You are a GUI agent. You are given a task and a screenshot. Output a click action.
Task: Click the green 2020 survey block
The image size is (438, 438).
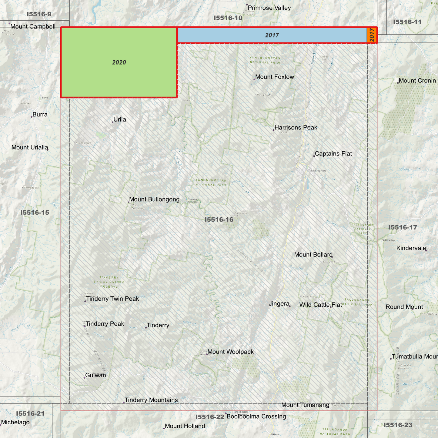[x=119, y=62]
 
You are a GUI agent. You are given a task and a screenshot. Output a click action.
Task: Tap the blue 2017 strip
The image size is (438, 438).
[x=272, y=35]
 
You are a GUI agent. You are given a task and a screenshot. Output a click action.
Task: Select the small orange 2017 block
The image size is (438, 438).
[x=372, y=35]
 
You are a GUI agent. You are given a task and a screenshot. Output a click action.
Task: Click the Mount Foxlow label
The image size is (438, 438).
[x=275, y=77]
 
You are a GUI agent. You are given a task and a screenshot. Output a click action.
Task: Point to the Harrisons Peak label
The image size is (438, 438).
[x=296, y=128]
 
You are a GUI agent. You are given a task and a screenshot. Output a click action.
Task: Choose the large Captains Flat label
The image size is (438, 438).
[x=333, y=154]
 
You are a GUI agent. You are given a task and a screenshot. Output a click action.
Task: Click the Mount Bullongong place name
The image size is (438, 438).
[x=154, y=199]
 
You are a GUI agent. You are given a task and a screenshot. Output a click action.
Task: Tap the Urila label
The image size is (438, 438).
[x=120, y=119]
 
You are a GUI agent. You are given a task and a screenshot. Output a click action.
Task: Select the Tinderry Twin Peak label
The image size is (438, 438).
[x=112, y=299]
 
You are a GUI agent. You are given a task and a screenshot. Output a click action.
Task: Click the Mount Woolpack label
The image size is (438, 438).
[x=231, y=352]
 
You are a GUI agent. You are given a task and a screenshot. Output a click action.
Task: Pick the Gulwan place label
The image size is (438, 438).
[x=96, y=375]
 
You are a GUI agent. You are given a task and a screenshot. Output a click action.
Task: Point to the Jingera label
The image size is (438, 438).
[x=279, y=304]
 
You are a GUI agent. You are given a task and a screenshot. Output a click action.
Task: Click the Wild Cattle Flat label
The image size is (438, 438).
[x=321, y=305]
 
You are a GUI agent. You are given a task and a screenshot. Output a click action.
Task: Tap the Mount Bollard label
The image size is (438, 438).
[x=313, y=255]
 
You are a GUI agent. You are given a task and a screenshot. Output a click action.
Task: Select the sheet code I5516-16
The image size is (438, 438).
[x=219, y=220]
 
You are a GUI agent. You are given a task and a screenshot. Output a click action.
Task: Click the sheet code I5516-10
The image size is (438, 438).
[x=228, y=18]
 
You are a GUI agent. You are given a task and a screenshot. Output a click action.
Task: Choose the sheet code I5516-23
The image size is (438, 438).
[x=398, y=425]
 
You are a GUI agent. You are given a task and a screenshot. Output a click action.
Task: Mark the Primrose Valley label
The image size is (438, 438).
[x=269, y=8]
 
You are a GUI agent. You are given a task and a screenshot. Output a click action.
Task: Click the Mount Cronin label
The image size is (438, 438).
[x=417, y=81]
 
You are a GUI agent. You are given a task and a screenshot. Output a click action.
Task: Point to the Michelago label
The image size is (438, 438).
[x=15, y=422]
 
